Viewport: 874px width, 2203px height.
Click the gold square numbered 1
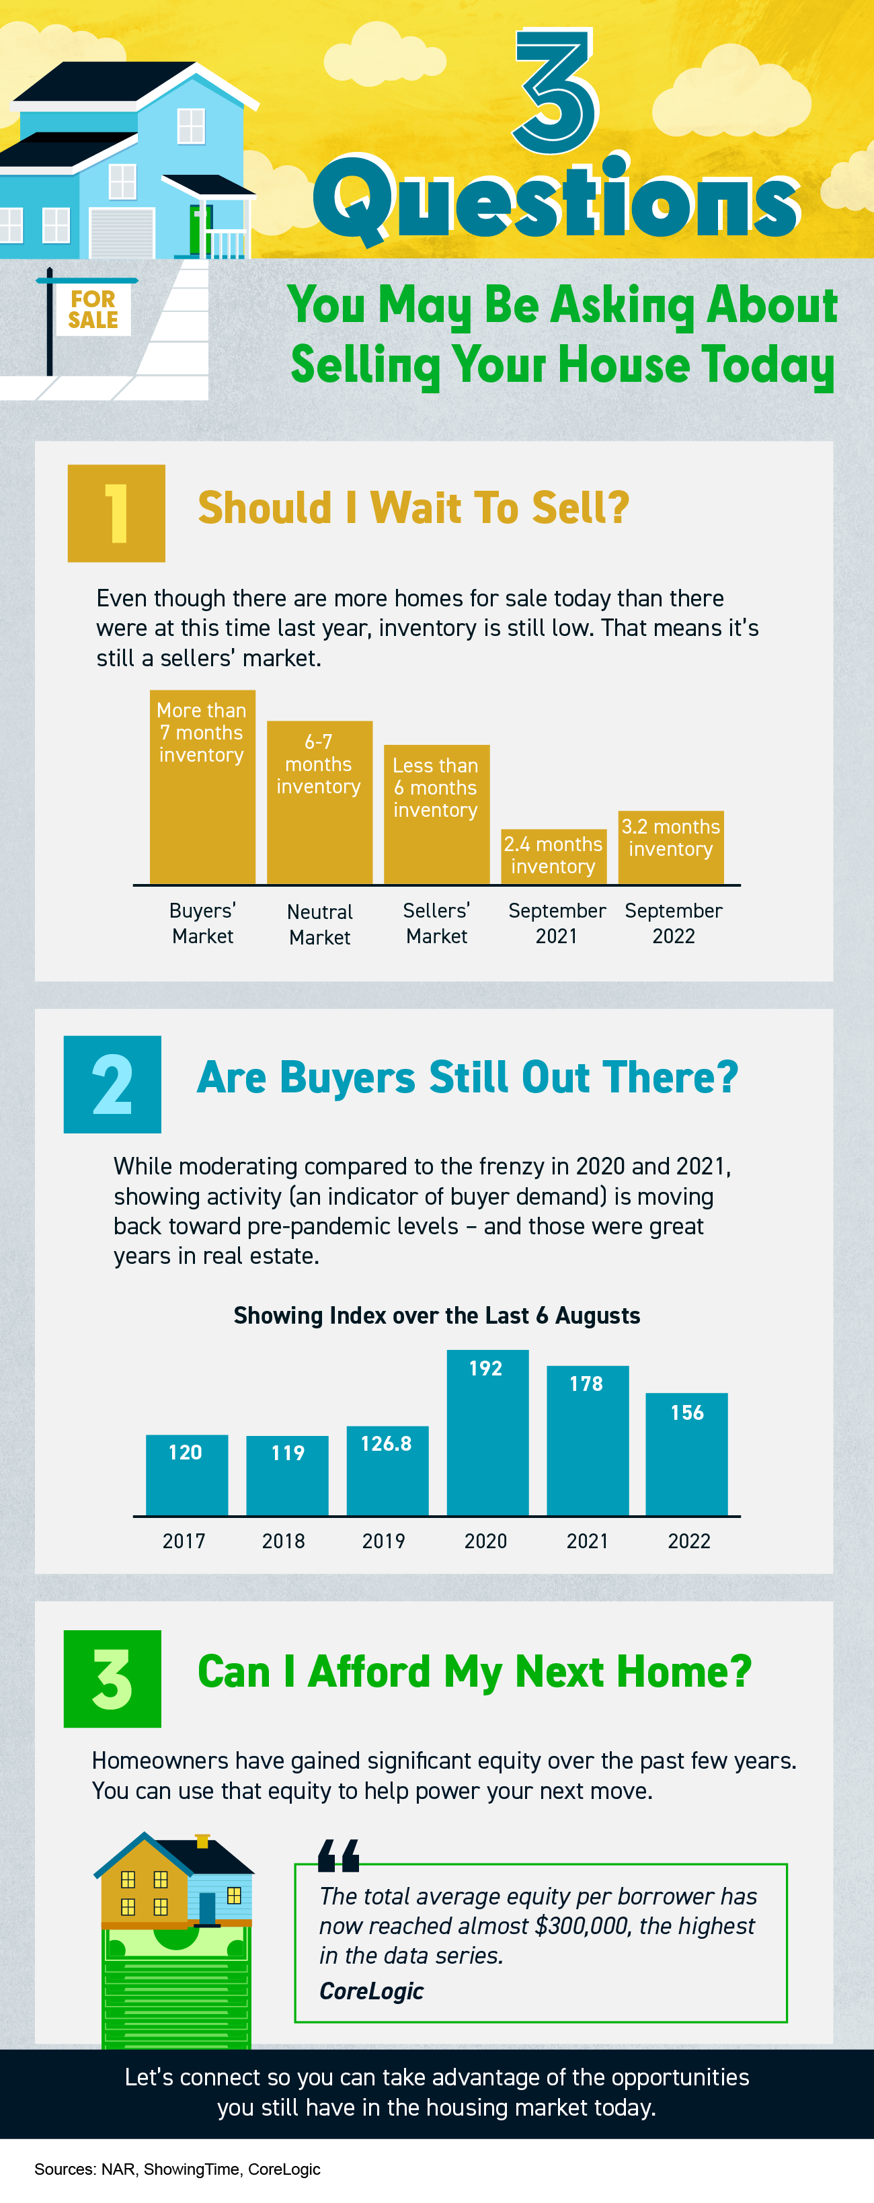pos(116,513)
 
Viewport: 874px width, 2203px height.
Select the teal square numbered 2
pos(112,1084)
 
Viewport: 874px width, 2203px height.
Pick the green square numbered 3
pos(112,1678)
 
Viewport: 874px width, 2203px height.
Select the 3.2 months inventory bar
pos(670,846)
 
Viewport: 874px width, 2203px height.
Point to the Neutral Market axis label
pos(319,924)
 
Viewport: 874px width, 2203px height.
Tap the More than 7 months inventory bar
pos(202,787)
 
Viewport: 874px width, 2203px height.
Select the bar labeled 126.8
pos(387,1471)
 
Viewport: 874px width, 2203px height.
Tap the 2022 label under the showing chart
pos(688,1541)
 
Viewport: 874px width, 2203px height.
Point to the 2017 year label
pos(184,1541)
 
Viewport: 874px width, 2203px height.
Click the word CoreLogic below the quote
pos(371,1991)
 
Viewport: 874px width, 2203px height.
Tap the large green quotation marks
pos(339,1855)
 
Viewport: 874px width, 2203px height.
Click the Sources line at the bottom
pos(177,2169)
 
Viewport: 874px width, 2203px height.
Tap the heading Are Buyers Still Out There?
pos(467,1078)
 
